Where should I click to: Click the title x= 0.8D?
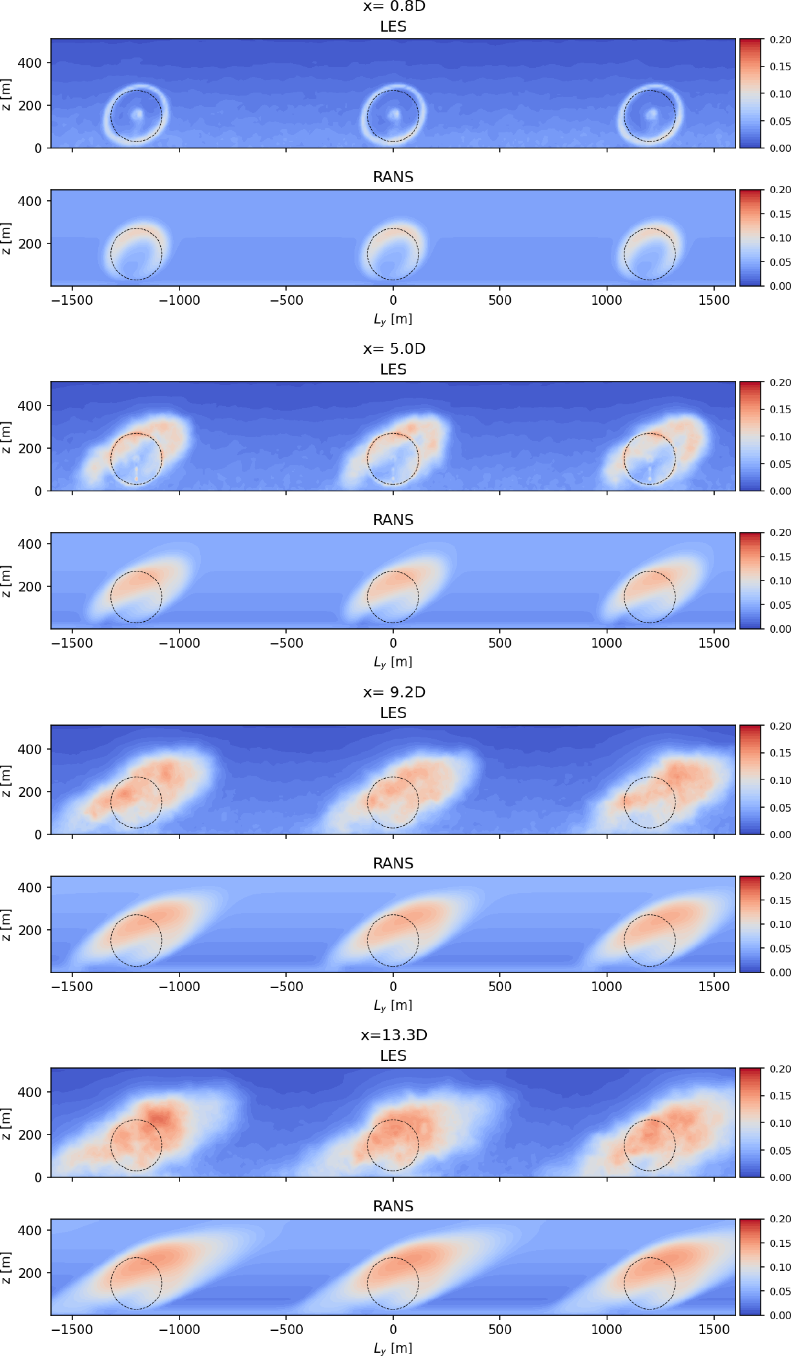coord(394,6)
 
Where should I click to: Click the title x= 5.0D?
coord(394,349)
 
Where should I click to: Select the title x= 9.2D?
coord(394,692)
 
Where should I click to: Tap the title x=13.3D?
coord(394,1035)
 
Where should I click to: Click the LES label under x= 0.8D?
coord(393,27)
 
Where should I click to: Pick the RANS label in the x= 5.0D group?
coord(393,520)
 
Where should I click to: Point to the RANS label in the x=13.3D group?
coord(393,1206)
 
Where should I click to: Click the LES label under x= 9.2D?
coord(393,713)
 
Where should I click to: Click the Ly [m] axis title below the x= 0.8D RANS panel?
coord(393,320)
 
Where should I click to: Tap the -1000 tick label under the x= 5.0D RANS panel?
coord(180,643)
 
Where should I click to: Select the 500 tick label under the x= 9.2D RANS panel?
coord(500,987)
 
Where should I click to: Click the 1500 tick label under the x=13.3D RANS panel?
coord(714,1330)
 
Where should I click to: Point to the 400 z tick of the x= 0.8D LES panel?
coord(30,63)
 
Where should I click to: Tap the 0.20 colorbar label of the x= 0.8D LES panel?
coord(780,40)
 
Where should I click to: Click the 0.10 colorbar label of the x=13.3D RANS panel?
coord(780,1267)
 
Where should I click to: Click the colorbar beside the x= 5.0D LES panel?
coord(750,437)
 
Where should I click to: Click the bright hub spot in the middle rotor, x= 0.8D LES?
coord(394,115)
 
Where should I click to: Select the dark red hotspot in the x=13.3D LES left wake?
coord(159,1116)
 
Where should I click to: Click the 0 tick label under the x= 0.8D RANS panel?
coord(393,300)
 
